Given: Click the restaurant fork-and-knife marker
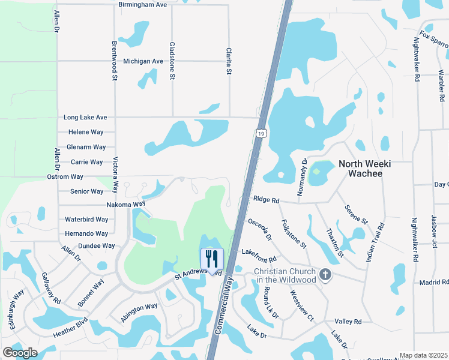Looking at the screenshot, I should [211, 259].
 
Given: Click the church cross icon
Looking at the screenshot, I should [325, 274].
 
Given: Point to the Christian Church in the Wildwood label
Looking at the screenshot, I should [285, 275].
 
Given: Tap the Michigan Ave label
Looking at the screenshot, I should [143, 61].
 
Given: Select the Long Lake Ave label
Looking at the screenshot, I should [85, 118].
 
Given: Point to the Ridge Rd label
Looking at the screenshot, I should [267, 200].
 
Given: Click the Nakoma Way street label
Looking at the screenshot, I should [126, 205].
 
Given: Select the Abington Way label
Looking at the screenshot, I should [139, 313].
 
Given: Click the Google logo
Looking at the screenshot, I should [20, 352].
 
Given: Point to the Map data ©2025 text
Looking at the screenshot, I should [423, 355].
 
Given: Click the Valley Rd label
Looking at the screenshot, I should [349, 322].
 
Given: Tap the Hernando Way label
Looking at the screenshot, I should [86, 233].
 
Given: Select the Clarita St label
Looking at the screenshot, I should [229, 62].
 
